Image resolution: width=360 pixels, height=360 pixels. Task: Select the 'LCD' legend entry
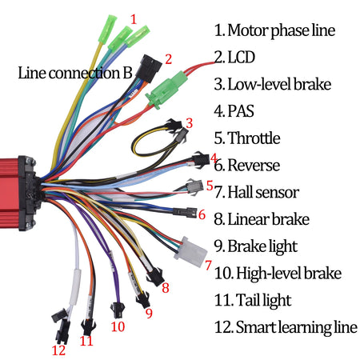[239, 58]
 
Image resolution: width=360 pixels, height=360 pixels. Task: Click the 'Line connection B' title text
[75, 72]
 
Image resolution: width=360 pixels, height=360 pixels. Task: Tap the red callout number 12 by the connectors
[58, 350]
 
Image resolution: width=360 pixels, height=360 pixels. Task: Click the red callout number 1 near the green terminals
[134, 18]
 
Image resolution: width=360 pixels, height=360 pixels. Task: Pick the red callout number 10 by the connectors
[118, 326]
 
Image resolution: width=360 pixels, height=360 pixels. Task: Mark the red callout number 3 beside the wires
[189, 123]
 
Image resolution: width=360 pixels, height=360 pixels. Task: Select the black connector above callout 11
[87, 326]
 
